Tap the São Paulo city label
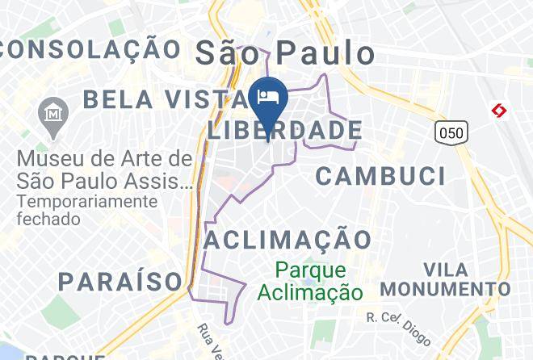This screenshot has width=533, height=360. pyautogui.click(x=286, y=53)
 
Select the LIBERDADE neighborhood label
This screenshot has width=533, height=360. pyautogui.click(x=284, y=129)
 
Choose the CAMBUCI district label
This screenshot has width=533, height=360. pyautogui.click(x=380, y=175)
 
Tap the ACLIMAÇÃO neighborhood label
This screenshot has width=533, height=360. pyautogui.click(x=287, y=239)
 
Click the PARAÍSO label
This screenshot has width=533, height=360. pyautogui.click(x=120, y=281)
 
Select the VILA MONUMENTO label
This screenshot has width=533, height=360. pyautogui.click(x=445, y=279)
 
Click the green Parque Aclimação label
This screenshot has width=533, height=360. pyautogui.click(x=308, y=281)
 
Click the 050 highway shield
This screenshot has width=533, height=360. pyautogui.click(x=451, y=131)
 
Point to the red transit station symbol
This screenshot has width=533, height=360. pyautogui.click(x=500, y=111)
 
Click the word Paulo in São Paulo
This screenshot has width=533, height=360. pyautogui.click(x=326, y=53)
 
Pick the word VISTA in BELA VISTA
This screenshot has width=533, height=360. pyautogui.click(x=207, y=99)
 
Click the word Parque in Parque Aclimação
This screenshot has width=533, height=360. pyautogui.click(x=308, y=270)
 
